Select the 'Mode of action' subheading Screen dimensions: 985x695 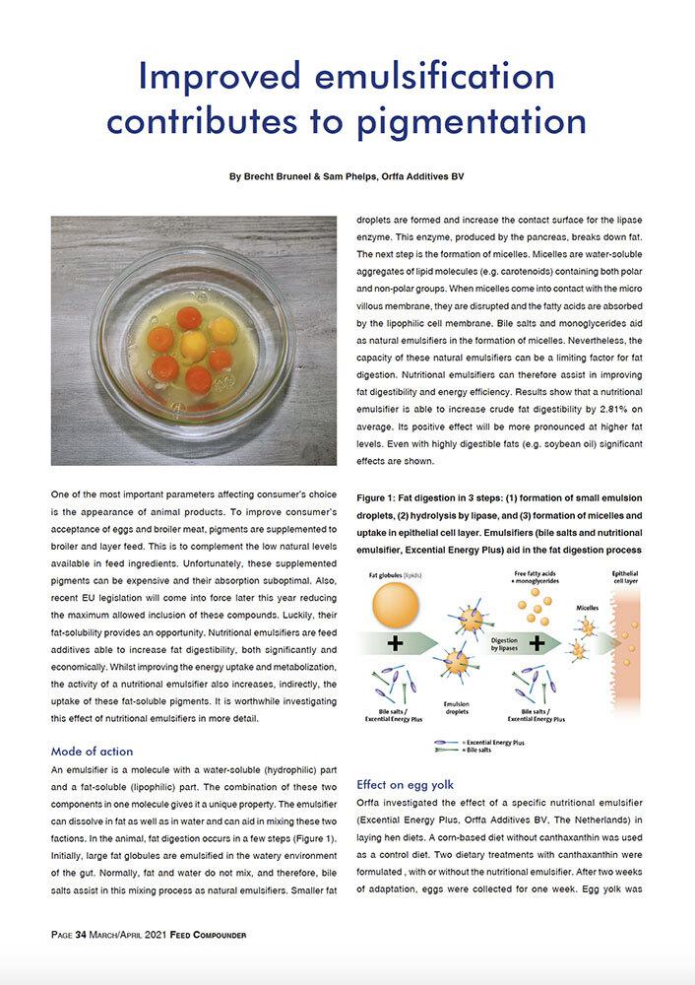coord(92,751)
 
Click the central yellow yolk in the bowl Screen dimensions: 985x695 coord(193,344)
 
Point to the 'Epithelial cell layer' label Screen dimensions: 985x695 coord(628,576)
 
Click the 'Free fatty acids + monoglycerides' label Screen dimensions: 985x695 coord(537,576)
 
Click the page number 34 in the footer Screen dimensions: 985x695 coord(83,932)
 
